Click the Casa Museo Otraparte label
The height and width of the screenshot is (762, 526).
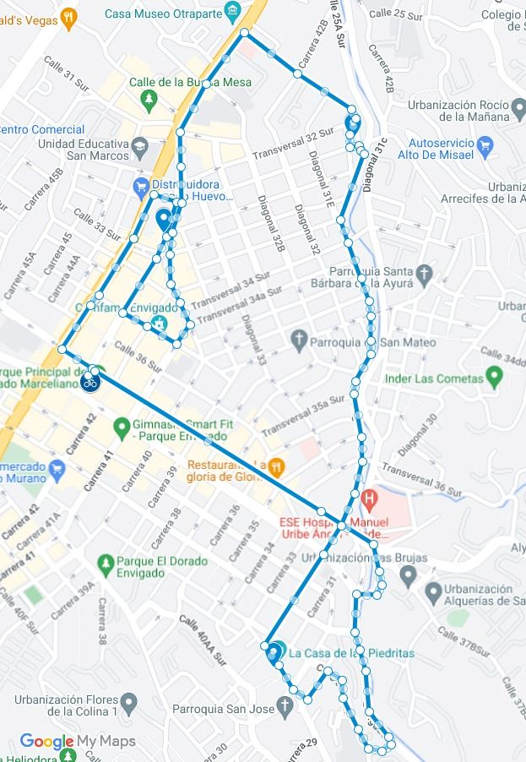(163, 14)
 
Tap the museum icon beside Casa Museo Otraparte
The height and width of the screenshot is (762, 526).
(232, 12)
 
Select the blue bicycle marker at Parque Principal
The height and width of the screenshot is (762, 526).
(90, 383)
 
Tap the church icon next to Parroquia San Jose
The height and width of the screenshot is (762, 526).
(286, 705)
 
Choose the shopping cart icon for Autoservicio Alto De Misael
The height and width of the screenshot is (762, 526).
(485, 144)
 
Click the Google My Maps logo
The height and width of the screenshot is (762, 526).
(78, 742)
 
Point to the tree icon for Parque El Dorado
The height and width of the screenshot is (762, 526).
(106, 561)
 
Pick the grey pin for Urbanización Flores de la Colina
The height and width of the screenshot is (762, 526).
(128, 701)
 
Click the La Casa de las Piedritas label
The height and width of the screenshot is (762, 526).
(351, 653)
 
